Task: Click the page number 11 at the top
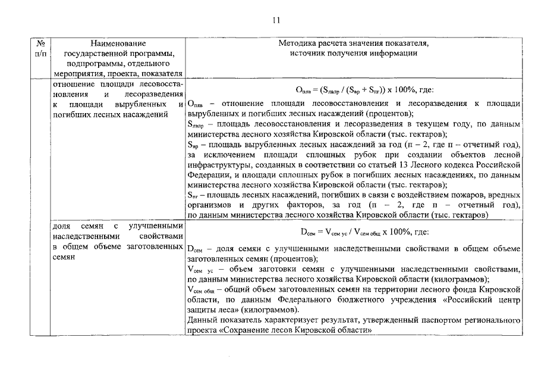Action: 276,20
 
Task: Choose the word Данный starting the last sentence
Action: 201,320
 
